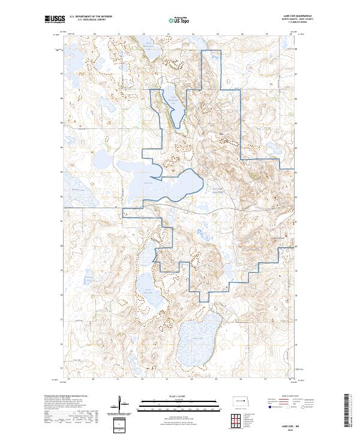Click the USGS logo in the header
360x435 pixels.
pos(55,19)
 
